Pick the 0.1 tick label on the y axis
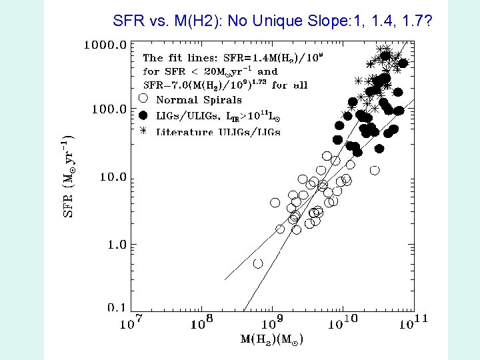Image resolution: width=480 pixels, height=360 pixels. coord(117,307)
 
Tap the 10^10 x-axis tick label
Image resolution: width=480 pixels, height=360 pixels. coord(343,323)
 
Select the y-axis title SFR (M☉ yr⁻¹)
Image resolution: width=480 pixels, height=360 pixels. coord(68,176)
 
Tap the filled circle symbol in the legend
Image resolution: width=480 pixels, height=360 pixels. coord(143,115)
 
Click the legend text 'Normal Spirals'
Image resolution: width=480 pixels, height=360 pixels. coord(199,100)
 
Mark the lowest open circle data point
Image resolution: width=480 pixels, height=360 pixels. coord(258,263)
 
